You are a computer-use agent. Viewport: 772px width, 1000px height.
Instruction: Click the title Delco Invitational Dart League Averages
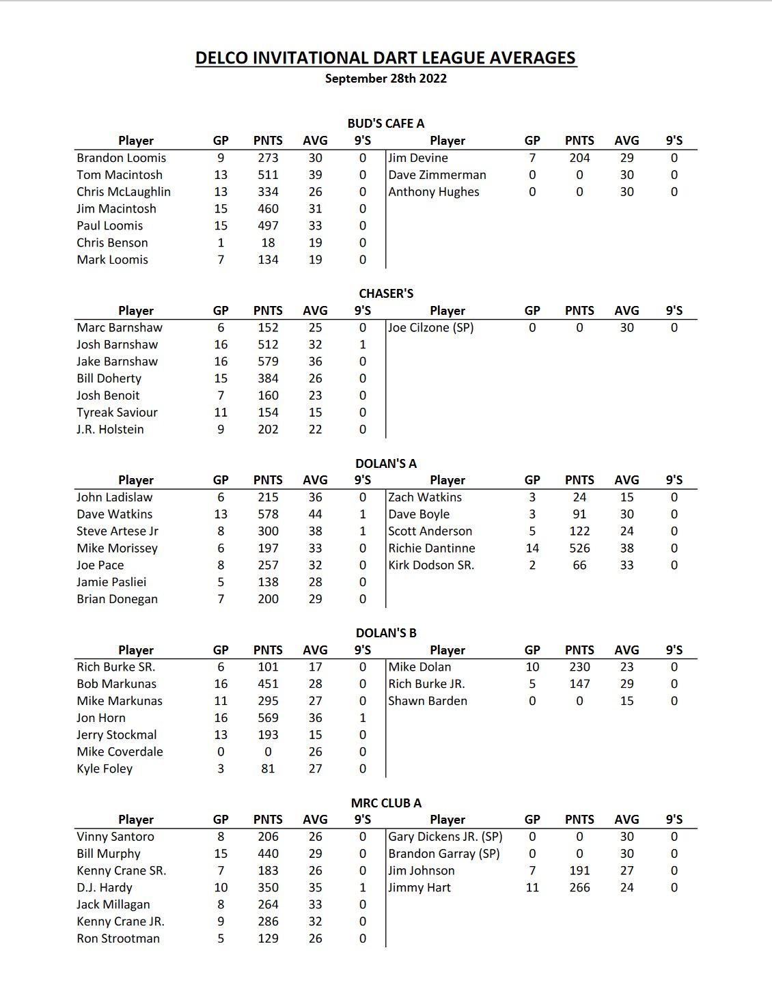coord(386,58)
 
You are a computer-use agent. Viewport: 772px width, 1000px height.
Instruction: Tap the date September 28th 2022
coord(386,79)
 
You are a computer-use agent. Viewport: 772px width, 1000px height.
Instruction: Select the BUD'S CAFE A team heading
coord(386,124)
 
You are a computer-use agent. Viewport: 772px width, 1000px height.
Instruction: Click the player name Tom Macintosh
coord(120,175)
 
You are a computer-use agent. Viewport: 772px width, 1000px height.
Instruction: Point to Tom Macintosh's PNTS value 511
coord(268,175)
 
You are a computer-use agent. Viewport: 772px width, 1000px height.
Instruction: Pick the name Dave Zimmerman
coord(437,175)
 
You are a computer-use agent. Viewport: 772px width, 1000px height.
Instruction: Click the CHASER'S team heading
coord(386,294)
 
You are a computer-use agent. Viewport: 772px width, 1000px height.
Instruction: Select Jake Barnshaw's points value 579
coord(268,361)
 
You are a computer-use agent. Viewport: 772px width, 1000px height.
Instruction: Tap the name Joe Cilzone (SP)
coord(431,328)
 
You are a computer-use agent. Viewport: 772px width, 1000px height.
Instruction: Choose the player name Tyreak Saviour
coord(117,413)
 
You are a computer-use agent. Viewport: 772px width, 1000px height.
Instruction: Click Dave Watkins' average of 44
coord(315,514)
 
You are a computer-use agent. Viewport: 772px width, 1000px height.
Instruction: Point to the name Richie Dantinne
coord(432,548)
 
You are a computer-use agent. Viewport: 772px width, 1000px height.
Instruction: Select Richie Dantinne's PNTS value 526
coord(579,548)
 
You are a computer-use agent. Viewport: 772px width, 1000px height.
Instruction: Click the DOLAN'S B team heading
coord(386,633)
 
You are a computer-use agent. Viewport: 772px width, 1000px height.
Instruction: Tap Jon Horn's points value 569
coord(268,718)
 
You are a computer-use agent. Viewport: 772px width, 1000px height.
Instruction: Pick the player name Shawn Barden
coord(428,701)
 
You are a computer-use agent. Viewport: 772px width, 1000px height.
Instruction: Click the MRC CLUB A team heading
coord(386,803)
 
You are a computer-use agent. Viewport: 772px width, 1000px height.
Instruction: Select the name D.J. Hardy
coord(105,888)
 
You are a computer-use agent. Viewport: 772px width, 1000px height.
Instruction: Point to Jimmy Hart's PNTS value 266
coord(579,888)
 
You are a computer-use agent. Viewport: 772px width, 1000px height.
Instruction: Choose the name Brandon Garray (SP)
coord(444,854)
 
